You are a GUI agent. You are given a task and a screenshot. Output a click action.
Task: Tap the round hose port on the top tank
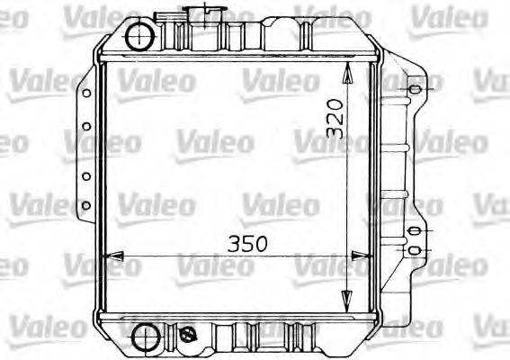[x=140, y=37]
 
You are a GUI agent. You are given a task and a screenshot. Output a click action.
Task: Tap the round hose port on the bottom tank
[x=141, y=339]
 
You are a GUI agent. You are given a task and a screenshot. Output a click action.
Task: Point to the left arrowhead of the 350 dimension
[x=110, y=257]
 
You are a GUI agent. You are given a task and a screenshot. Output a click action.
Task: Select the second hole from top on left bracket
[x=86, y=127]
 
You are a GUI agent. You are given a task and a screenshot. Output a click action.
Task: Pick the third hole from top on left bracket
[x=86, y=176]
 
